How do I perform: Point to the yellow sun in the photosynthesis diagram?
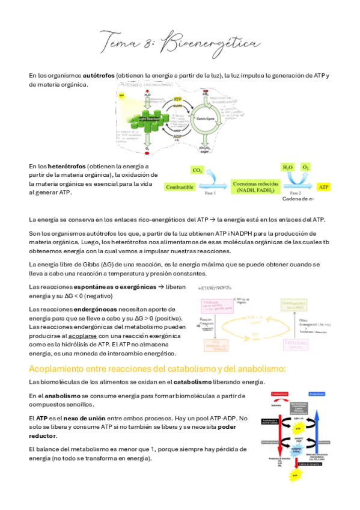[x=122, y=96]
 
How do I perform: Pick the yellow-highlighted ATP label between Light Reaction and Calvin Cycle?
[x=177, y=98]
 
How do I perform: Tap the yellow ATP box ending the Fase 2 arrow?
[x=323, y=186]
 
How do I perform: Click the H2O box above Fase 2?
[x=288, y=167]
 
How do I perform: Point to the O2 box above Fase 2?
[x=305, y=167]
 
